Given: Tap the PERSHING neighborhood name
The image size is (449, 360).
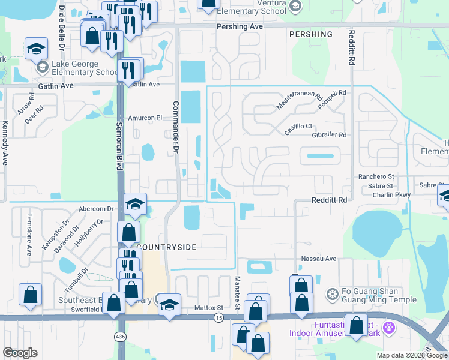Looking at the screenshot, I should [310, 35].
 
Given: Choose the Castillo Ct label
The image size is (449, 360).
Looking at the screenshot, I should [298, 126].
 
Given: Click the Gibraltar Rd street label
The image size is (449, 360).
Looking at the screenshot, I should [329, 135].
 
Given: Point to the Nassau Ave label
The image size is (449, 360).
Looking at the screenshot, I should [322, 259].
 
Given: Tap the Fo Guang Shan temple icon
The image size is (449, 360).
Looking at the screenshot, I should [331, 294].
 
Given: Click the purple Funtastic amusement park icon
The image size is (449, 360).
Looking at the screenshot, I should [389, 328].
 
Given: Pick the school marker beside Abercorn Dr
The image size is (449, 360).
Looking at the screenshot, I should [135, 204].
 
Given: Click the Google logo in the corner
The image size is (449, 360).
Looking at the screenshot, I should [20, 353].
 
